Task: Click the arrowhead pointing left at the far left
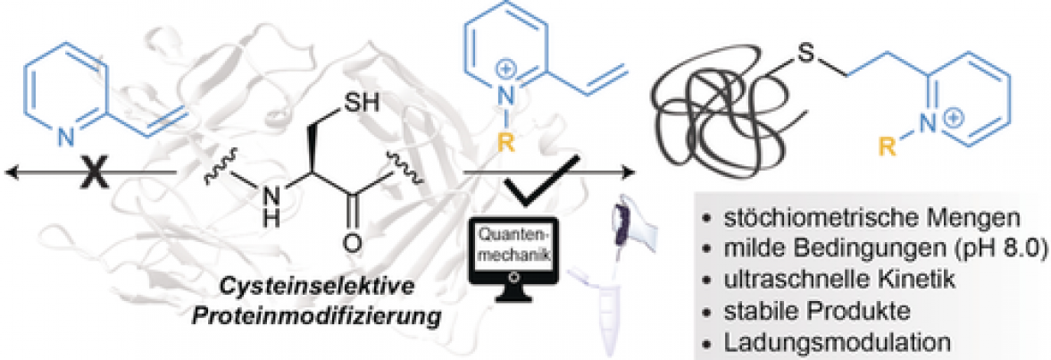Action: [11, 173]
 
